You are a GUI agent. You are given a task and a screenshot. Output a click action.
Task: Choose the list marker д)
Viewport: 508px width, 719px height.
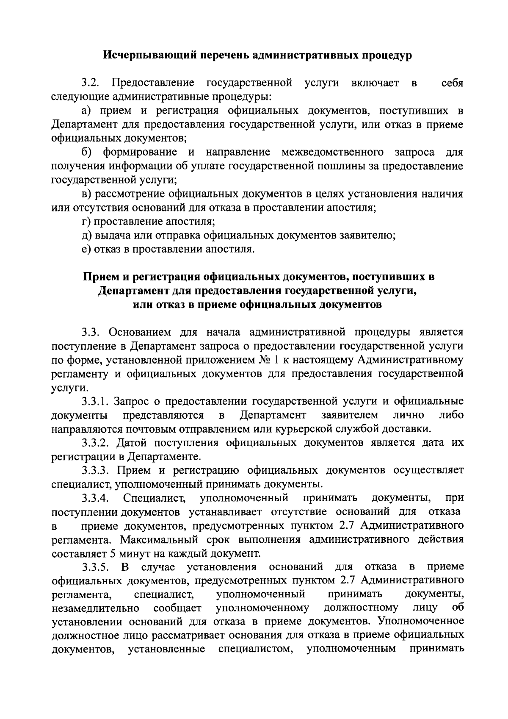tap(87, 236)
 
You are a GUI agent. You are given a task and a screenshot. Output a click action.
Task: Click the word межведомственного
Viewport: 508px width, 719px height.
tap(333, 152)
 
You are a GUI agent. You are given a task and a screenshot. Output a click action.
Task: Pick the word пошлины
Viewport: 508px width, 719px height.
tap(336, 166)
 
